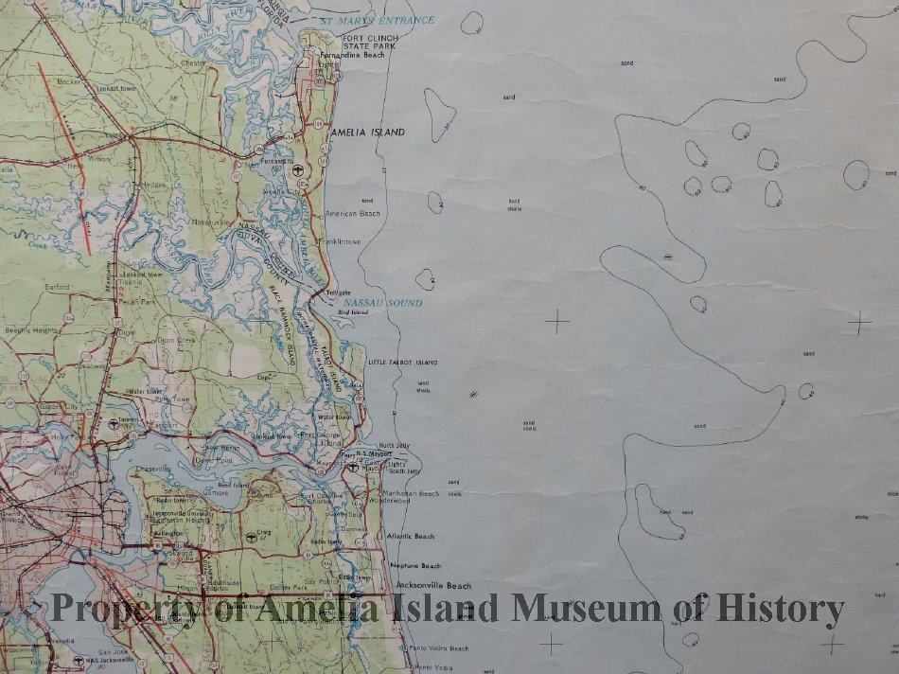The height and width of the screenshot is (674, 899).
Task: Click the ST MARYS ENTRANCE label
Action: coord(377,20)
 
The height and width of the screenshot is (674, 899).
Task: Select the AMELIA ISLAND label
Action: coord(367,133)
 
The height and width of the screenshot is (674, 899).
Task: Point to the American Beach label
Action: coord(352,214)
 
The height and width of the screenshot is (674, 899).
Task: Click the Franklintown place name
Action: coord(344,242)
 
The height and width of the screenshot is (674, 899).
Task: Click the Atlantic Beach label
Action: coord(410,537)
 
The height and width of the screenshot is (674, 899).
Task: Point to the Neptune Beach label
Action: coord(417,566)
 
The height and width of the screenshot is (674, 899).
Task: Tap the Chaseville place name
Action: coord(152,469)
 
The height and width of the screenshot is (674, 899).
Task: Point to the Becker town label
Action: coord(69,82)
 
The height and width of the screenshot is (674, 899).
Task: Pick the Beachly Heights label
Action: coord(31,330)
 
